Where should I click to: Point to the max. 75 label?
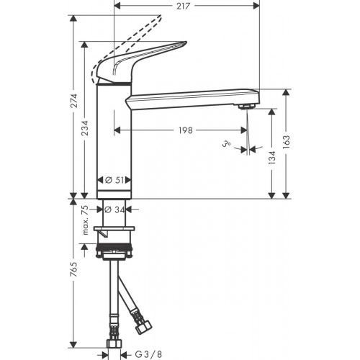[x=86, y=220]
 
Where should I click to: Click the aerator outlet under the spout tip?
[x=246, y=107]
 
